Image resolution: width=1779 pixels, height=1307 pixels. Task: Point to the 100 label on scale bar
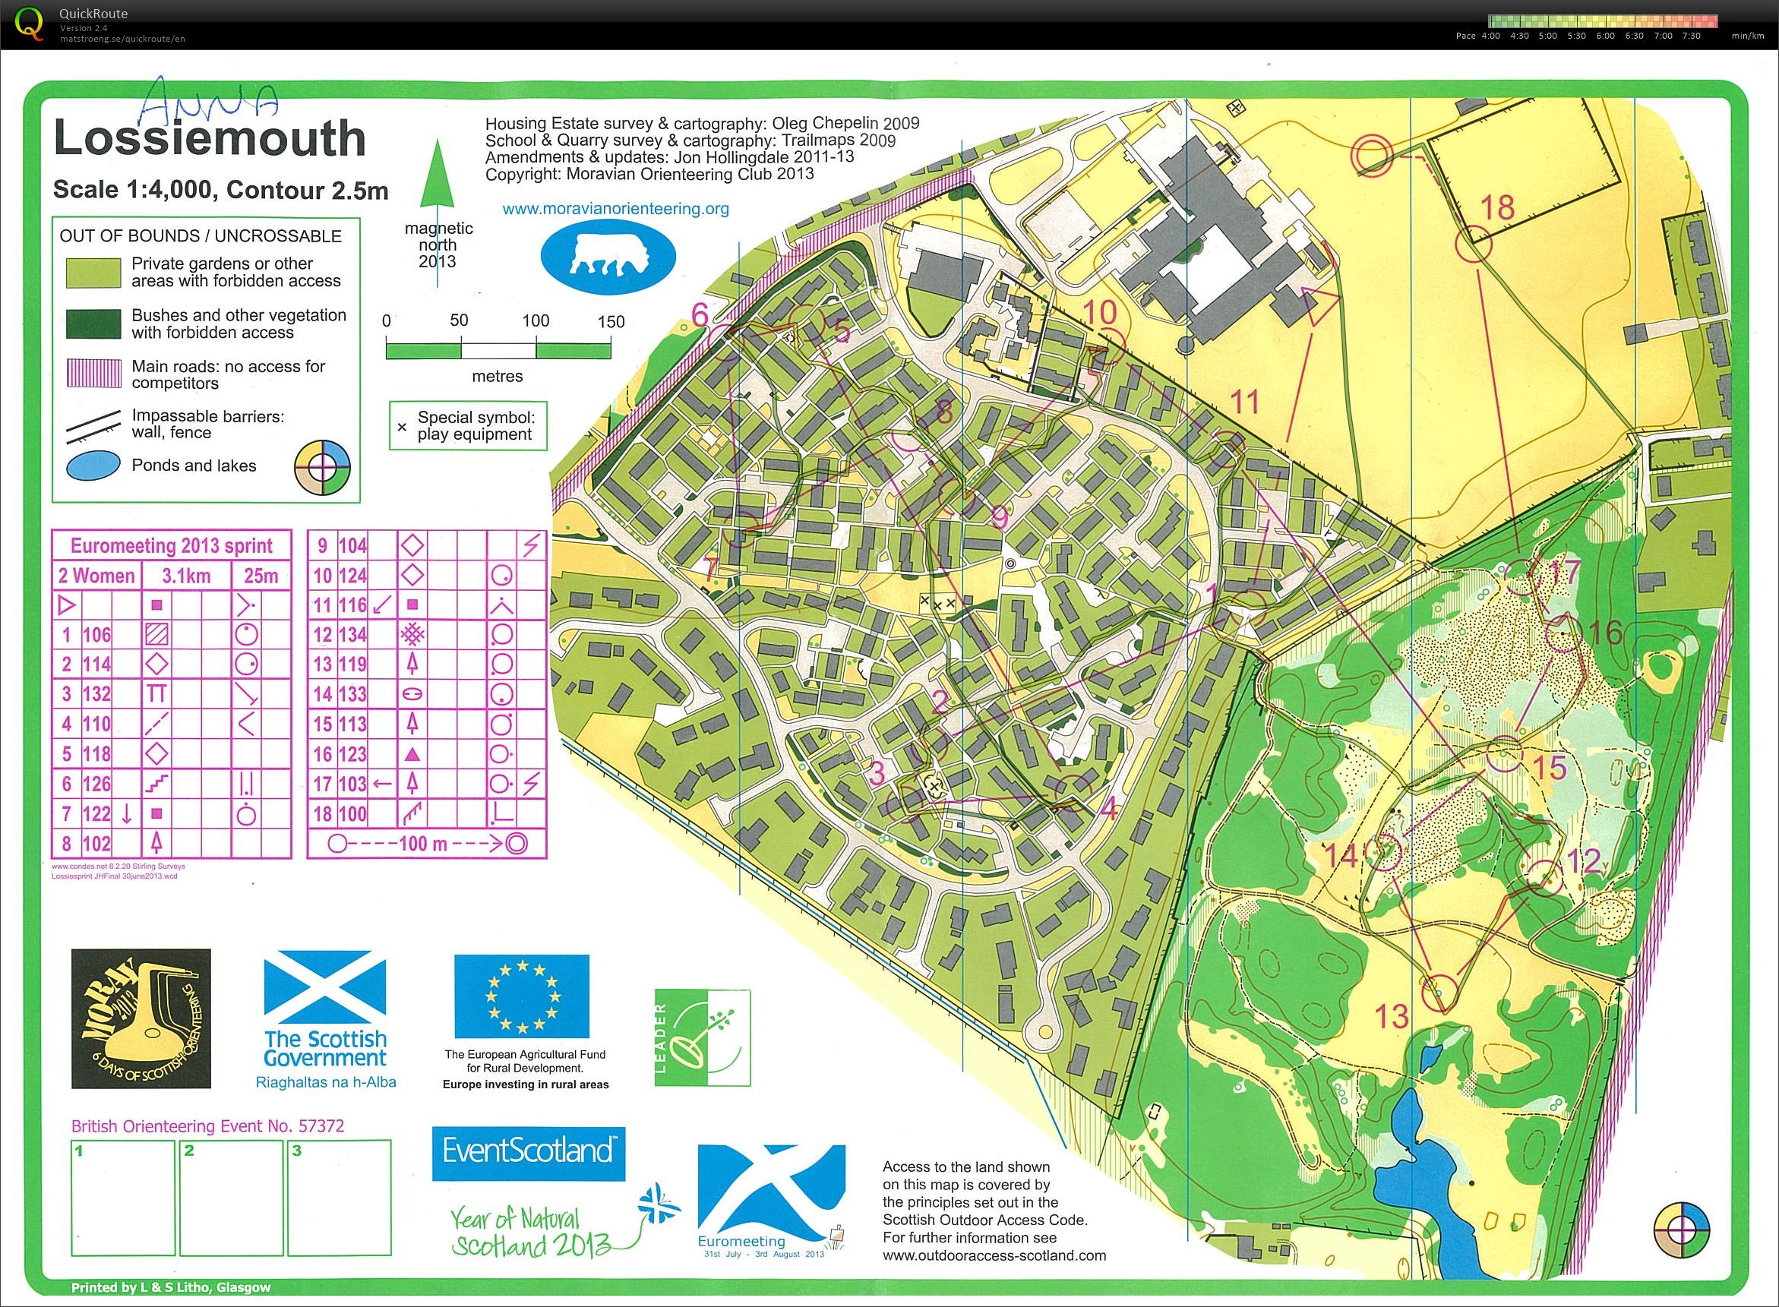click(536, 320)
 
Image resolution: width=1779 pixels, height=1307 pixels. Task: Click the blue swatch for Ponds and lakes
click(93, 465)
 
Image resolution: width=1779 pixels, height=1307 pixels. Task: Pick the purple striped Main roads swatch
click(93, 374)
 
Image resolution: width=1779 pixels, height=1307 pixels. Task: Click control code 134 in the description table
click(352, 634)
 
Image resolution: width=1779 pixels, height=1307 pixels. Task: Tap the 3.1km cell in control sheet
click(185, 575)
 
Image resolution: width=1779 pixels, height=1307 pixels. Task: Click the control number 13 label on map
click(1392, 1016)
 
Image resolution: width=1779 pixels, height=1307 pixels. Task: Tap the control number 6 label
click(700, 314)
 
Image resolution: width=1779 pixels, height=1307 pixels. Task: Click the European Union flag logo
click(522, 996)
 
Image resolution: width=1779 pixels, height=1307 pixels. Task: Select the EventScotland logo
click(528, 1154)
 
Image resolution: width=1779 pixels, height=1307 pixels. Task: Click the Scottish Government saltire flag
click(324, 991)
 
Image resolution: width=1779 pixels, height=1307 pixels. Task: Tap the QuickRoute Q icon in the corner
click(30, 22)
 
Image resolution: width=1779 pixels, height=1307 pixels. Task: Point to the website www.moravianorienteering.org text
click(616, 209)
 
